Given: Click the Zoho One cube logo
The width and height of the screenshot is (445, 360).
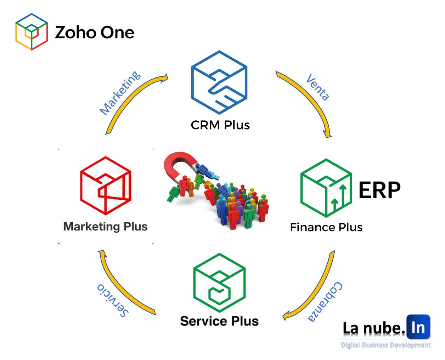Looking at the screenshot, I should [32, 32].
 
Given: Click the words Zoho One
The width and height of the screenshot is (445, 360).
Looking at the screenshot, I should [95, 33].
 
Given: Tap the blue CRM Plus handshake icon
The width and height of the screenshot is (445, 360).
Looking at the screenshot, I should [219, 82].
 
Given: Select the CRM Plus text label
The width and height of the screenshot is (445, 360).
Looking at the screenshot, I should [220, 125].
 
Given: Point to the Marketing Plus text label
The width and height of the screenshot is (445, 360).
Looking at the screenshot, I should [105, 227].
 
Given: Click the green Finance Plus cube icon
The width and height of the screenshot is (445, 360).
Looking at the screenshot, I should [326, 188].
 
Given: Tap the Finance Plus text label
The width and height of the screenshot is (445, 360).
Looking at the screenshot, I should [326, 227].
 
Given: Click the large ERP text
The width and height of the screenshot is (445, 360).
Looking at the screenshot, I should [379, 190].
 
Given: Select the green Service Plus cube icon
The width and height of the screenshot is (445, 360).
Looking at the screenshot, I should [219, 282].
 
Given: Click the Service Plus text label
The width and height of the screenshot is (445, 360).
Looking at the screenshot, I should [219, 321].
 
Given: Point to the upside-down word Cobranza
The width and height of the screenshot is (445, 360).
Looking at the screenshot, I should [325, 302].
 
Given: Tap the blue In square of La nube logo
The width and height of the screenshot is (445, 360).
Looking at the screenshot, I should [418, 327].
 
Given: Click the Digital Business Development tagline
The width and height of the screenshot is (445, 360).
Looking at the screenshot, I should [386, 345].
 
